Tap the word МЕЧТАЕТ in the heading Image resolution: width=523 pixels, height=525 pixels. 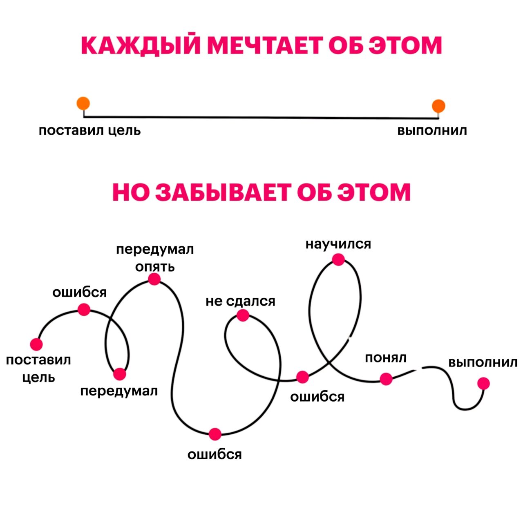coord(264,45)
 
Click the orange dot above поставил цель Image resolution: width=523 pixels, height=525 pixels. coord(83,103)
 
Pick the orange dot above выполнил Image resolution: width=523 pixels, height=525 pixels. coord(438,106)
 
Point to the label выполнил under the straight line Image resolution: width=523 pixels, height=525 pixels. coord(432,131)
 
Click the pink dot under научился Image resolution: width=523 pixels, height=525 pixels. coord(338,259)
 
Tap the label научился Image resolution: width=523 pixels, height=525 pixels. coord(338,244)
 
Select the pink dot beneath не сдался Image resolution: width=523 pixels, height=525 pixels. coord(243,315)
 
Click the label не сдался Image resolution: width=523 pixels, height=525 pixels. coord(240,302)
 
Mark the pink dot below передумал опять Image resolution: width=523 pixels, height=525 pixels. coord(154,279)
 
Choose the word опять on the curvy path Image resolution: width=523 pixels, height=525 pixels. coord(155,267)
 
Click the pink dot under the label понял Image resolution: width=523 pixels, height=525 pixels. coord(386,379)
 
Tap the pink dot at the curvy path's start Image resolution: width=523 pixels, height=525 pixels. coord(36,344)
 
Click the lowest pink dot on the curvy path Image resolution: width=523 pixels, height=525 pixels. coord(215,434)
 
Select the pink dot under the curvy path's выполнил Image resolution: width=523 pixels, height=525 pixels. coord(484,384)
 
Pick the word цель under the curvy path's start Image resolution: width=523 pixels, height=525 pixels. coord(38,378)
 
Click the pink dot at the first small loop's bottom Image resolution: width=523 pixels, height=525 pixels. coord(120,374)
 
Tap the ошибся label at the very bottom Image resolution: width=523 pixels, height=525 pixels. coord(215,455)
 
